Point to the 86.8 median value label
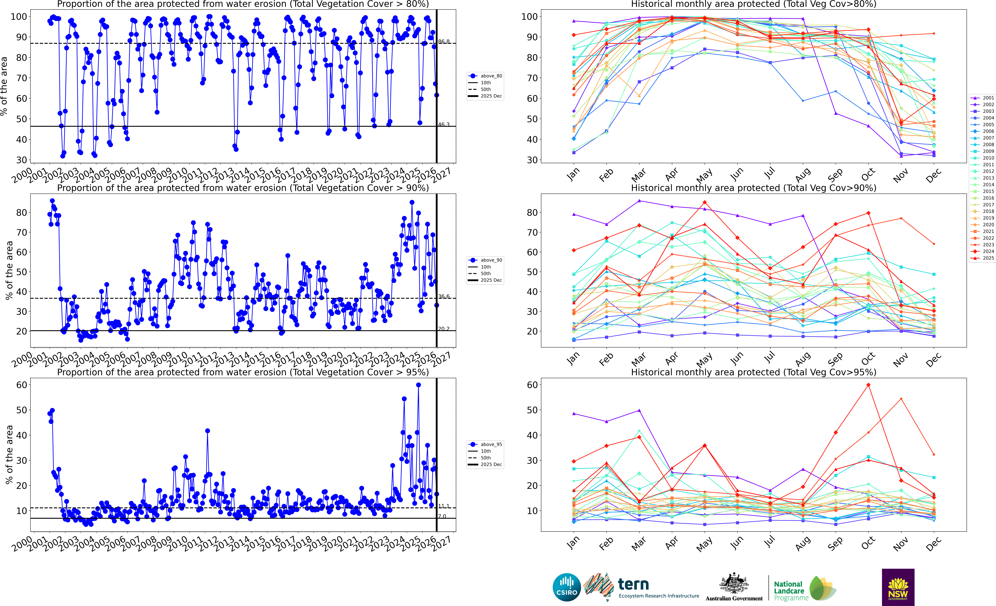443,42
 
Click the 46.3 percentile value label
443,124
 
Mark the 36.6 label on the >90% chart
443,297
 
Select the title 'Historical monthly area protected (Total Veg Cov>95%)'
754,372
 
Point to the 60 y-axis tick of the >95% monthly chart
532,385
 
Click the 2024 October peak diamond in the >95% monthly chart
868,385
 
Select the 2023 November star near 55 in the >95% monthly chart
901,399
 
